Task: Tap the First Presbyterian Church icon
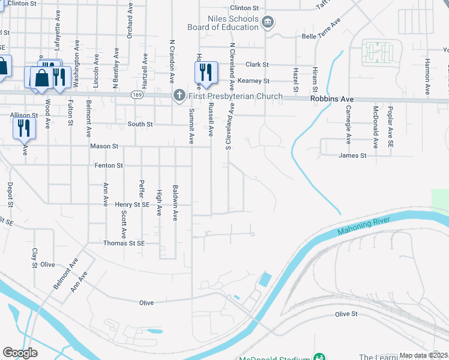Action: (178, 95)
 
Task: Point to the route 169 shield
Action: (137, 95)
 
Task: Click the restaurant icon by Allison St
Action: (25, 127)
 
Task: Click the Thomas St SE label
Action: (124, 244)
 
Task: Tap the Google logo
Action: (20, 353)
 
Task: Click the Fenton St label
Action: (109, 165)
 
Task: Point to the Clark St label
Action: (257, 64)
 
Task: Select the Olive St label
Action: (346, 314)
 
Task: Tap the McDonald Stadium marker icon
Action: (319, 358)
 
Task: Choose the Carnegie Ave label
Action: (348, 125)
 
